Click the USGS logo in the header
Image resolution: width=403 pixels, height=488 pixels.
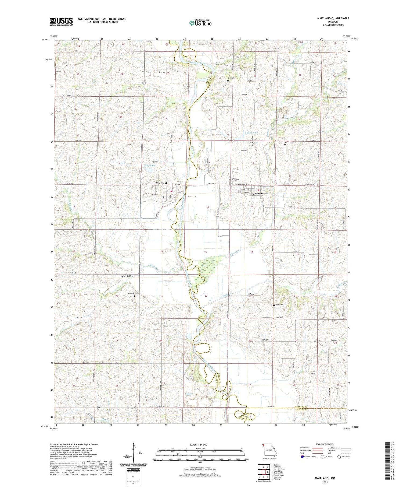coord(61,22)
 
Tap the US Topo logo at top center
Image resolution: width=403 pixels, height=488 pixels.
coord(200,23)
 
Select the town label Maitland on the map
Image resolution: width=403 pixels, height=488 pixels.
coord(161,183)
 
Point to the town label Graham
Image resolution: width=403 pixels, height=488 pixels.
coord(258,194)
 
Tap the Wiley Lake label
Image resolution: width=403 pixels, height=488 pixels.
coord(149,166)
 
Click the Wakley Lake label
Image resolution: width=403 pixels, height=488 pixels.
coord(251,133)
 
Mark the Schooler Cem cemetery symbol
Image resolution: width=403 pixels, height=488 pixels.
coord(135,296)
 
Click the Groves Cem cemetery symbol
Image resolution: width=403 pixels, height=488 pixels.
coord(228,80)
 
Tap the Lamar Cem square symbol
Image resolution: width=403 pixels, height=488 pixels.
coord(285,145)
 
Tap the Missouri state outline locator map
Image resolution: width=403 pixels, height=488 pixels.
coord(270,450)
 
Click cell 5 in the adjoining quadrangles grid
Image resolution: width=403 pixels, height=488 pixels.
coord(268,472)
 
